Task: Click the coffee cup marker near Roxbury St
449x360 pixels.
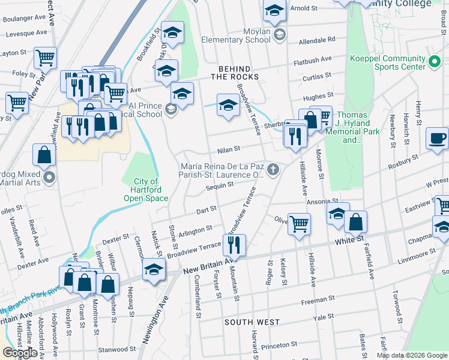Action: (x=437, y=138)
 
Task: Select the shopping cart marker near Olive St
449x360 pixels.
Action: (x=299, y=224)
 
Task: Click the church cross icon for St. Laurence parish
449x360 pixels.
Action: (x=273, y=169)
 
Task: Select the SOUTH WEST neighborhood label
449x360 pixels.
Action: (x=252, y=322)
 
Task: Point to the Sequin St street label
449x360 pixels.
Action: (x=219, y=187)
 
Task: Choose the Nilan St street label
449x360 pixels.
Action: (x=229, y=148)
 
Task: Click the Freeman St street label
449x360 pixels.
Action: (x=318, y=299)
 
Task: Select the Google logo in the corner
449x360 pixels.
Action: (x=19, y=353)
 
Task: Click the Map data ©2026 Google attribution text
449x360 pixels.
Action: (x=412, y=355)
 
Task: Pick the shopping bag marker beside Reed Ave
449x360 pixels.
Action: (x=44, y=155)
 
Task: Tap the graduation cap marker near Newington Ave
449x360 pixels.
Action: (x=154, y=269)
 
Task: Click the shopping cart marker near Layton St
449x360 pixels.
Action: (x=45, y=58)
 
